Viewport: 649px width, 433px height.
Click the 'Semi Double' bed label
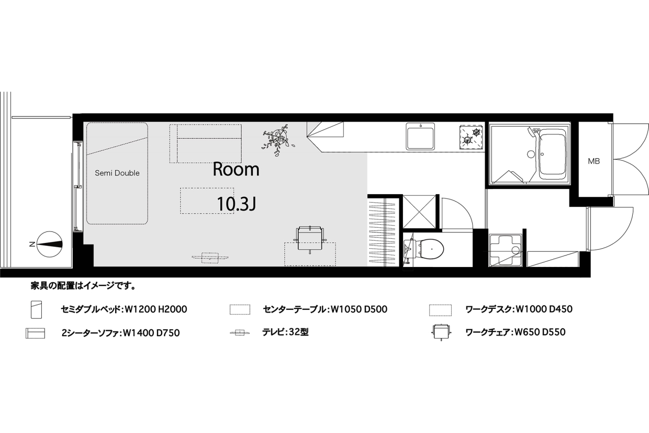[x=117, y=173]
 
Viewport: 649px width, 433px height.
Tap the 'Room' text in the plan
[x=236, y=169]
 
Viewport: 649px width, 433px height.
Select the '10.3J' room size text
[x=236, y=205]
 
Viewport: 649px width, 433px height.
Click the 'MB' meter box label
[x=594, y=161]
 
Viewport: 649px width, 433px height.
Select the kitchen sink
[x=420, y=137]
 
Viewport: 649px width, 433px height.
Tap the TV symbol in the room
[x=210, y=257]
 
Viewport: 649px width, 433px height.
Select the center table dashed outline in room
[x=208, y=201]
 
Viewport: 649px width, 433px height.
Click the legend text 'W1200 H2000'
[x=155, y=309]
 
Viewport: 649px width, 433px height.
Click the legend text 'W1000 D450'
[x=544, y=309]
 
